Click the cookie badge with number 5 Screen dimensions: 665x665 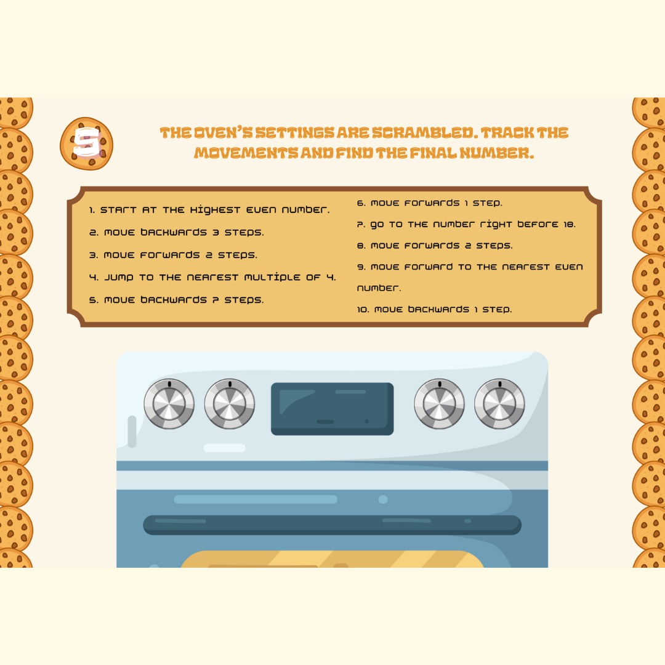(87, 143)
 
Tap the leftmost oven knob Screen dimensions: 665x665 (169, 403)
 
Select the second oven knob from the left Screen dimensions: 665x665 (230, 403)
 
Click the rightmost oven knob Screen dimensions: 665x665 (499, 403)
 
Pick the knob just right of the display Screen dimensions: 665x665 (439, 403)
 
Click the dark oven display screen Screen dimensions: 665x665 (332, 409)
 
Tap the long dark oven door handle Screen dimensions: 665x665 (332, 525)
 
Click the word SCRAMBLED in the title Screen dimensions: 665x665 (424, 133)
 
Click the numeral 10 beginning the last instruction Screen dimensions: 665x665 (362, 310)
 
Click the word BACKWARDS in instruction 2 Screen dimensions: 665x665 (174, 232)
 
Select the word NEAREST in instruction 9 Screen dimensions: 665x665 (526, 267)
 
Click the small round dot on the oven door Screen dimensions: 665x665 (383, 499)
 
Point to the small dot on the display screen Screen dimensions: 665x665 (367, 421)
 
